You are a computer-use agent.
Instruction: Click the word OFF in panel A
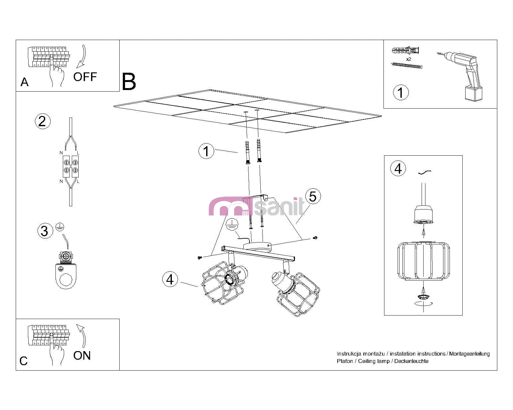coord(85,77)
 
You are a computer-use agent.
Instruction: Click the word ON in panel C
coord(82,356)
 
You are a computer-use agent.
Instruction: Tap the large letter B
coord(129,82)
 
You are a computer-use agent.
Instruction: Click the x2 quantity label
coord(408,59)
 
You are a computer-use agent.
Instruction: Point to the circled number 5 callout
coord(313,196)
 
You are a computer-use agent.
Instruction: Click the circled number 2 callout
coord(42,121)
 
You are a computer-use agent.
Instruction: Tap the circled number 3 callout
coord(45,231)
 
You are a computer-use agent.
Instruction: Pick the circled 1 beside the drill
coord(401,93)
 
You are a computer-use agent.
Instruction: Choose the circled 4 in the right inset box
coord(398,168)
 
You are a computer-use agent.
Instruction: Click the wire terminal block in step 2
coord(71,166)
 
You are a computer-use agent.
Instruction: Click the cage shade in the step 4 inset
coord(423,261)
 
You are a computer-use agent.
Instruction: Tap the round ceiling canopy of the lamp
coord(257,247)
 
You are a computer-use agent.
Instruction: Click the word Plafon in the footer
coord(345,361)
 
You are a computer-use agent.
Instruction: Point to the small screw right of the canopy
coord(315,238)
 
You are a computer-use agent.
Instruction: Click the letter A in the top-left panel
coord(24,82)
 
